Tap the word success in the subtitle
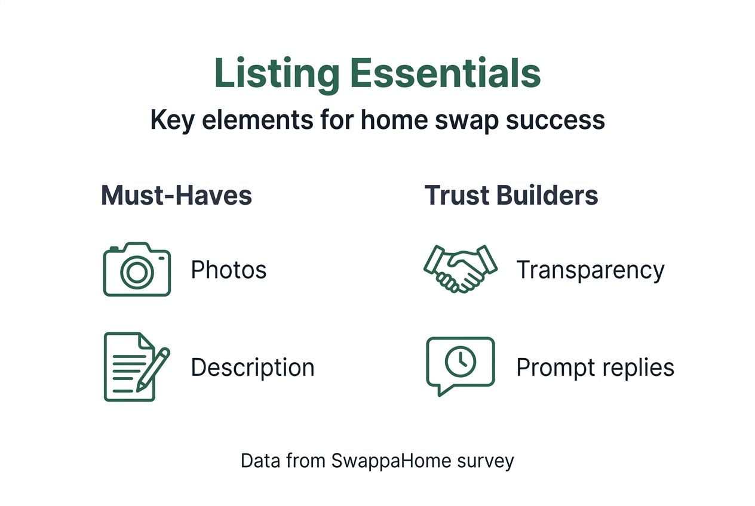coord(555,120)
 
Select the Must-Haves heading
coord(176,196)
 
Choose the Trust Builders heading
coord(511,196)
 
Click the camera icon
coord(137,269)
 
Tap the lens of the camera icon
coord(137,272)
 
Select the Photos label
coord(229,270)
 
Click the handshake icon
coord(460,268)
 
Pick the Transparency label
coord(590,270)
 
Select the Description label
coord(253,367)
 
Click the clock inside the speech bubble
coord(461,361)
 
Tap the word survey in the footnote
coord(489,461)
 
